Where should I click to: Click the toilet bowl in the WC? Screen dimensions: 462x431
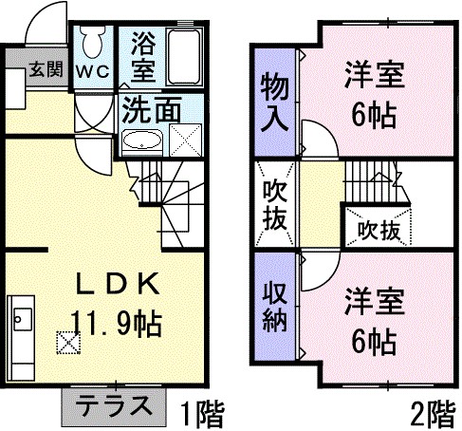(x=93, y=42)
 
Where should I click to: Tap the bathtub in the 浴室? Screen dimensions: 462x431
(x=184, y=57)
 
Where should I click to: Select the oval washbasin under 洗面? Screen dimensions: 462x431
(x=142, y=141)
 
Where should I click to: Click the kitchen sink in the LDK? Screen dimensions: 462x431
(x=23, y=319)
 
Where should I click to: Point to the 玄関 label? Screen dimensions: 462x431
(x=46, y=69)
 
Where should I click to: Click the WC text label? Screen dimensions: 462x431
(x=93, y=72)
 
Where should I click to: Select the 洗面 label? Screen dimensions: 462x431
(x=152, y=109)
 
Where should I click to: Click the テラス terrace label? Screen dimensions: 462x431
(x=114, y=405)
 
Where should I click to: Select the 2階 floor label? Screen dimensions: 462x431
(x=434, y=414)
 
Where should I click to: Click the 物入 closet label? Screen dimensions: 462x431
(x=274, y=102)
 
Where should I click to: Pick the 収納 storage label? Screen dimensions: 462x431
(x=274, y=307)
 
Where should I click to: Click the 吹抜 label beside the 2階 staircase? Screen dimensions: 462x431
(x=379, y=231)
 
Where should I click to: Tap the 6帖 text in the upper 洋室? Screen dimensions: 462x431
(x=374, y=115)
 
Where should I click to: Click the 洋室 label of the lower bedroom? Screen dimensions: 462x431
(x=375, y=301)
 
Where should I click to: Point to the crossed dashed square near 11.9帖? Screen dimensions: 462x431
(x=68, y=343)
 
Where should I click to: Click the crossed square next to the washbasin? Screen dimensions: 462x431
(x=185, y=141)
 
